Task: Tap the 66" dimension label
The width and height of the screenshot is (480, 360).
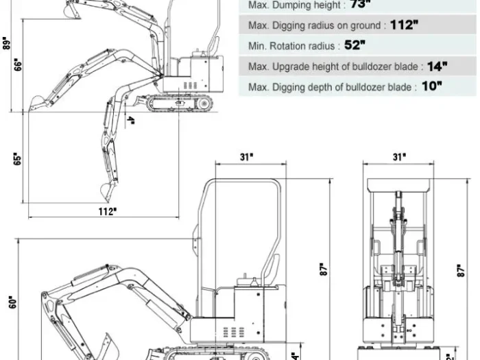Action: pyautogui.click(x=18, y=64)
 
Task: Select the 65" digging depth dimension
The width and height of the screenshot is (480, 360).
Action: pyautogui.click(x=18, y=158)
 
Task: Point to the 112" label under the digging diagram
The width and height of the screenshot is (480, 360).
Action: pyautogui.click(x=106, y=211)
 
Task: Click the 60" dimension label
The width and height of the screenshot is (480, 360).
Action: pyautogui.click(x=12, y=301)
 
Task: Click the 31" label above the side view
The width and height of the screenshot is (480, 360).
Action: pyautogui.click(x=246, y=157)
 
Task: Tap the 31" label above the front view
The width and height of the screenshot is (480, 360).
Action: pyautogui.click(x=398, y=157)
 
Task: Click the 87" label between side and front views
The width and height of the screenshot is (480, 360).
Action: pyautogui.click(x=322, y=269)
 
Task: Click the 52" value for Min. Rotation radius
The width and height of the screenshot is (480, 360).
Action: pyautogui.click(x=355, y=46)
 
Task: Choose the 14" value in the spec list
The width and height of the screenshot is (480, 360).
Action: pyautogui.click(x=436, y=67)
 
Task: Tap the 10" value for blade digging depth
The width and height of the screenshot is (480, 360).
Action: pyautogui.click(x=432, y=87)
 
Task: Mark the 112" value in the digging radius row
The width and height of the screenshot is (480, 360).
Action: pyautogui.click(x=404, y=25)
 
